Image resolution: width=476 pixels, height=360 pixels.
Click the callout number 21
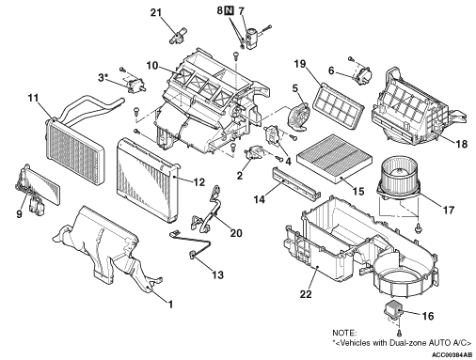point(156,13)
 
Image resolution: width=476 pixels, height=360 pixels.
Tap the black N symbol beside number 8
point(229,10)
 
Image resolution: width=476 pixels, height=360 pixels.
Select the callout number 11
point(33,99)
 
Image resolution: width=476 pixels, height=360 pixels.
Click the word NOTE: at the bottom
point(344,333)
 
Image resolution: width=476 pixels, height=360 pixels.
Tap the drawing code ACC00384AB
point(452,355)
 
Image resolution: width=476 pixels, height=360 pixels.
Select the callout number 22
point(306,294)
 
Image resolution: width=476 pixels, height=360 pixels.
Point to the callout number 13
point(217,274)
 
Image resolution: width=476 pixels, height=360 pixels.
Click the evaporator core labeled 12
point(148,180)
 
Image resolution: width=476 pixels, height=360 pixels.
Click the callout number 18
point(461,144)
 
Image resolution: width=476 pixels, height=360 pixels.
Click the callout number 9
point(19,214)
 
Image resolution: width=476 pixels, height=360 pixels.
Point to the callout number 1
point(170,305)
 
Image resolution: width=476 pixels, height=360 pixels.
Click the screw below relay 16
point(399,332)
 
